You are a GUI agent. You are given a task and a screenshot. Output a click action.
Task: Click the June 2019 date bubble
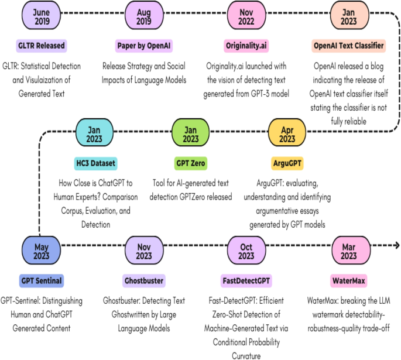click(41, 16)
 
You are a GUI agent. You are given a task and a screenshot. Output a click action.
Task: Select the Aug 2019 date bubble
click(144, 16)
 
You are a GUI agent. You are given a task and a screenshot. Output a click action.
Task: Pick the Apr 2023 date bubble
click(287, 133)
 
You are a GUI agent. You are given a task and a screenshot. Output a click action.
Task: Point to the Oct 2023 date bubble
click(246, 250)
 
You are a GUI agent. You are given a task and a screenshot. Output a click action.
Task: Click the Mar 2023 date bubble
click(349, 250)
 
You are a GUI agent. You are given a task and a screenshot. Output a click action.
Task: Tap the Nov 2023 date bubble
click(143, 250)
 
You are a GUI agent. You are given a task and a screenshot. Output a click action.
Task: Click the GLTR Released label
click(41, 46)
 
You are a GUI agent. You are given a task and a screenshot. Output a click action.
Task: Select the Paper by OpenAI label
click(144, 46)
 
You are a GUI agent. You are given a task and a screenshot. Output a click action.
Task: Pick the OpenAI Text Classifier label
click(348, 46)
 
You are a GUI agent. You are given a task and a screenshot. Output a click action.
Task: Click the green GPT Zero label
click(191, 163)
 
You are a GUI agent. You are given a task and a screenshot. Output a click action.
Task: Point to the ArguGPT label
click(287, 163)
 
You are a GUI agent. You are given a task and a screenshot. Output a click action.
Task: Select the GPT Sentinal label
click(40, 281)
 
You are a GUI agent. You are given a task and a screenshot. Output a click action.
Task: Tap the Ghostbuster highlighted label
click(143, 281)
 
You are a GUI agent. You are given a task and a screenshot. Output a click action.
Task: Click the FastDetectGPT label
click(246, 281)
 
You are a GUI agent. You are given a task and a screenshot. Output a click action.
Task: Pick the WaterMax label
click(348, 281)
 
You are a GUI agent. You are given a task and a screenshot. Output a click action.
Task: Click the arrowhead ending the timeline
click(396, 246)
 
